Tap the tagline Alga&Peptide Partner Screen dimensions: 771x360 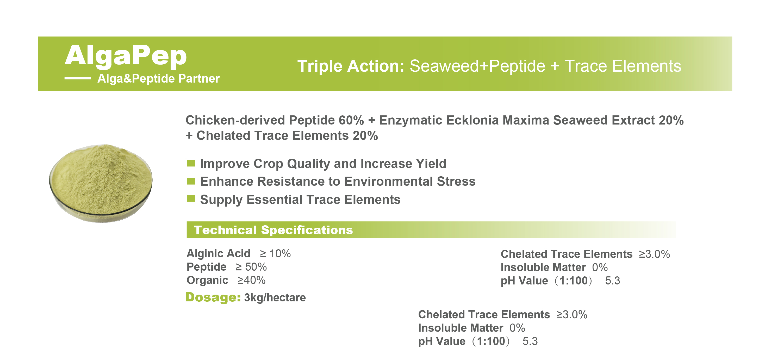159,79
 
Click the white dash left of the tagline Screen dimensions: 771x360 78,78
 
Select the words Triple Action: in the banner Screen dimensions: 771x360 351,66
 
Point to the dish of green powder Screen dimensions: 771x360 101,183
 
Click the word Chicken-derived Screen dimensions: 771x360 235,120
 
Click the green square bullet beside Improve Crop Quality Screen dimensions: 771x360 191,163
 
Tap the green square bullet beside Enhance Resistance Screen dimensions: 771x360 191,181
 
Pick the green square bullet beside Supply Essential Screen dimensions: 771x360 191,199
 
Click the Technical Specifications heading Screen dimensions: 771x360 273,230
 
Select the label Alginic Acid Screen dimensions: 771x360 219,254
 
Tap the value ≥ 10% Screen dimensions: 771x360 275,254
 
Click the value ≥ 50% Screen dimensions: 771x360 251,267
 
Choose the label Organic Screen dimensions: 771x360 207,280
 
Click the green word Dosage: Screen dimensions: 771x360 213,297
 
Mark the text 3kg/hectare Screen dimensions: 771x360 275,298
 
